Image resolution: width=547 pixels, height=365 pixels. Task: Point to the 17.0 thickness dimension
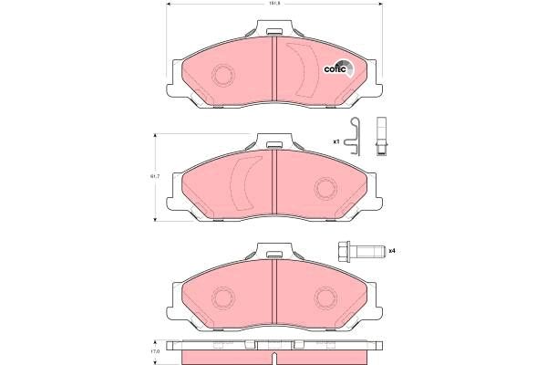click(155, 350)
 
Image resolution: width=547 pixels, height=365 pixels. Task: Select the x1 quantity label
click(335, 142)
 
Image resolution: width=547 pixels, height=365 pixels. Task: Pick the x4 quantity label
click(391, 251)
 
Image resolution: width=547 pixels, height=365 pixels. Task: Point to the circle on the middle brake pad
click(325, 189)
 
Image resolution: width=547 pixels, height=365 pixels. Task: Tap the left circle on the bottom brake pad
click(222, 299)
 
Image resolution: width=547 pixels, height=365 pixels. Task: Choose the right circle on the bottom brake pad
click(325, 299)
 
